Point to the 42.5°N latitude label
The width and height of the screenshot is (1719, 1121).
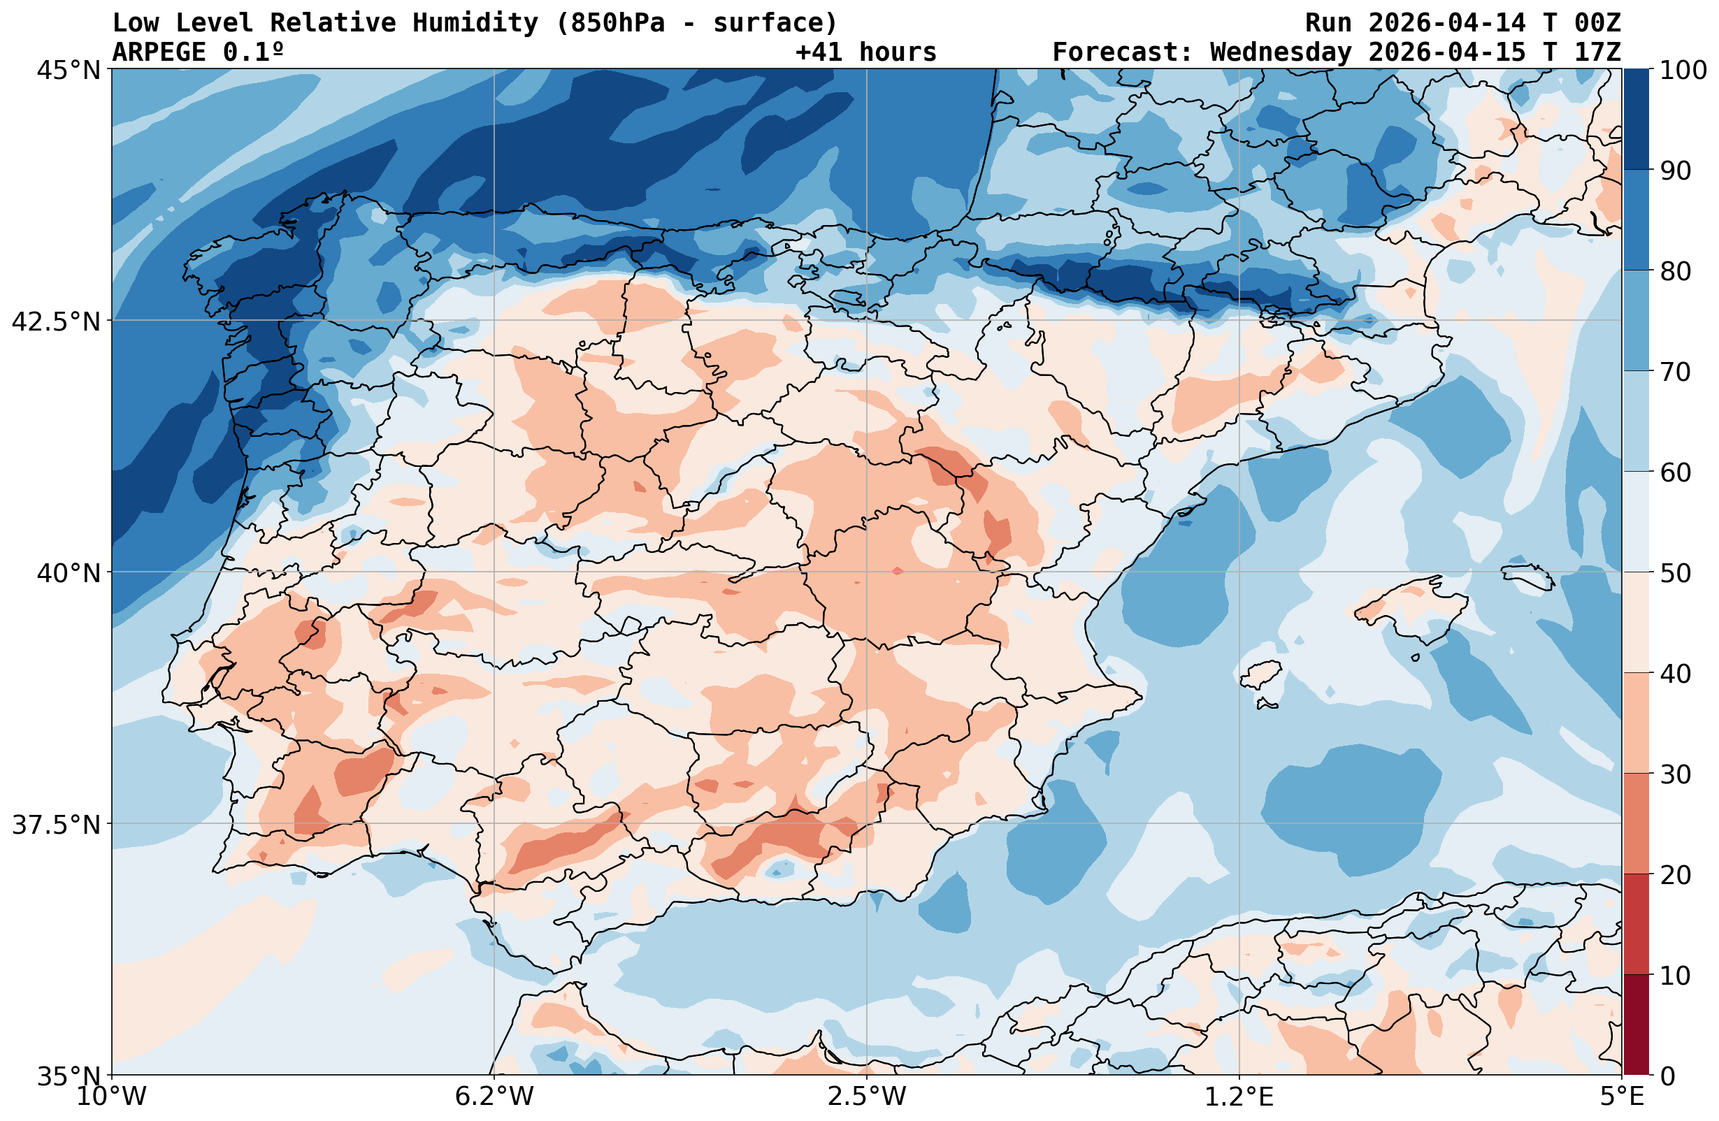click(56, 321)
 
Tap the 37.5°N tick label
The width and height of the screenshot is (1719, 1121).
click(56, 824)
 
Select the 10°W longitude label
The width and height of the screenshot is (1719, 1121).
click(111, 1097)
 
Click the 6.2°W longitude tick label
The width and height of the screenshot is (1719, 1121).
click(494, 1097)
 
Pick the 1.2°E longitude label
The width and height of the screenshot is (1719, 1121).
click(1239, 1097)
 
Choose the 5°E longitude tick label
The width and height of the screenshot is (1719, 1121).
click(1622, 1097)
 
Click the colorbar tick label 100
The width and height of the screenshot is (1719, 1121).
click(1682, 70)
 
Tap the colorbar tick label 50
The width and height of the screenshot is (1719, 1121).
click(1675, 574)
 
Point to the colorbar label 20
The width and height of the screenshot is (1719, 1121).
click(1675, 876)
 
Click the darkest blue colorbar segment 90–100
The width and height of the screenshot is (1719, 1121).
click(1636, 120)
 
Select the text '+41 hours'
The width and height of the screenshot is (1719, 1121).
click(865, 52)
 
